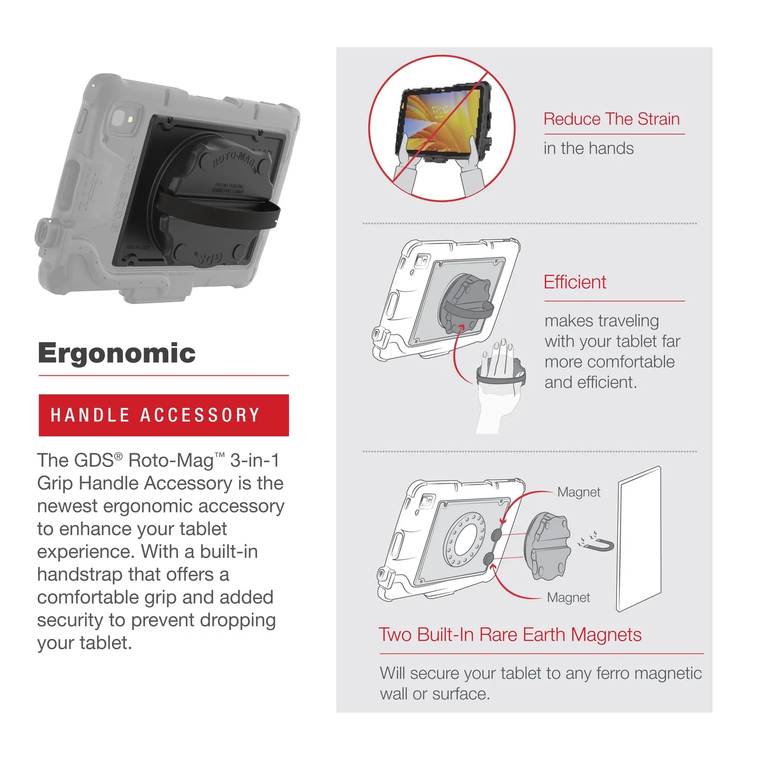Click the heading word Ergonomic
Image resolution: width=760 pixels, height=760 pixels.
click(x=117, y=353)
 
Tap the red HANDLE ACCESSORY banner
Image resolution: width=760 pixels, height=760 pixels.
click(x=164, y=415)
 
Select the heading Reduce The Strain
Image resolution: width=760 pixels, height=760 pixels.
click(x=611, y=119)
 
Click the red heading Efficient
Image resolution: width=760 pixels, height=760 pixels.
click(x=575, y=282)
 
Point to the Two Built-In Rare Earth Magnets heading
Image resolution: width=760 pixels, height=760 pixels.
click(x=510, y=634)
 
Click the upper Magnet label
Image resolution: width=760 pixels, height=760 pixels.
click(x=578, y=492)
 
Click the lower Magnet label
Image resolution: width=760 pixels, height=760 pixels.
click(x=568, y=597)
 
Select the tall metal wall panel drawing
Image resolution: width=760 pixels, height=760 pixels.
click(x=639, y=538)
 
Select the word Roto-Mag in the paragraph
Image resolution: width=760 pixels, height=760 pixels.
click(x=170, y=461)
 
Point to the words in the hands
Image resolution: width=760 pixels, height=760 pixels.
click(x=588, y=148)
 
